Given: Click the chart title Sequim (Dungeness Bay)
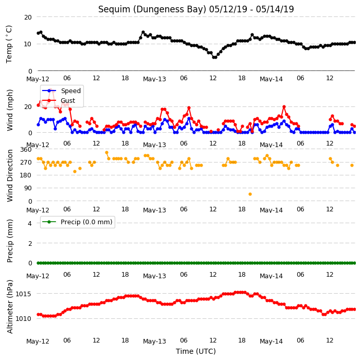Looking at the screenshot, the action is point(152,9).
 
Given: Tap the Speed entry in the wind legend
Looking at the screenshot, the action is point(70,91).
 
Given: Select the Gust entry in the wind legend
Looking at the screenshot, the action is point(68,101).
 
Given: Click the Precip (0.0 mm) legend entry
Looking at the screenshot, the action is point(86,222).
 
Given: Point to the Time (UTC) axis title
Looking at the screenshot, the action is point(196,351).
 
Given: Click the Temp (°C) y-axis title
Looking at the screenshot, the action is point(9,44).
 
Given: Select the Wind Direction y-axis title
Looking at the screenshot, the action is point(10,176).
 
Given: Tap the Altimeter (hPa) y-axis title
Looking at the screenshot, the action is point(10,307).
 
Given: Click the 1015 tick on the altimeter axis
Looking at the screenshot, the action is point(23,294).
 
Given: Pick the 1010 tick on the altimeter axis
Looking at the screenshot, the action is point(23,319).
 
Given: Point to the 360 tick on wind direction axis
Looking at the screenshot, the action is point(26,150).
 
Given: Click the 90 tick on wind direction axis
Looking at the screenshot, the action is point(28,188).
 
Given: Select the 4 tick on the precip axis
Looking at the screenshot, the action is point(30,223).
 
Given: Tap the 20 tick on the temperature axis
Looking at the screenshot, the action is point(28,17).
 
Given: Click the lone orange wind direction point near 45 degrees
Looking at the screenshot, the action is point(250,194).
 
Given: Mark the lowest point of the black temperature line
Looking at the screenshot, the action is point(214,57).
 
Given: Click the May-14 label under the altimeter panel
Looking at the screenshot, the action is point(271,341).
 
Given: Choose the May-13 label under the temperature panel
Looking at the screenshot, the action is point(154,79).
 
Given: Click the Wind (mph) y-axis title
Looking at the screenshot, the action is point(10,110).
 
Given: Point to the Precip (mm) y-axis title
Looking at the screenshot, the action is point(10,241).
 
